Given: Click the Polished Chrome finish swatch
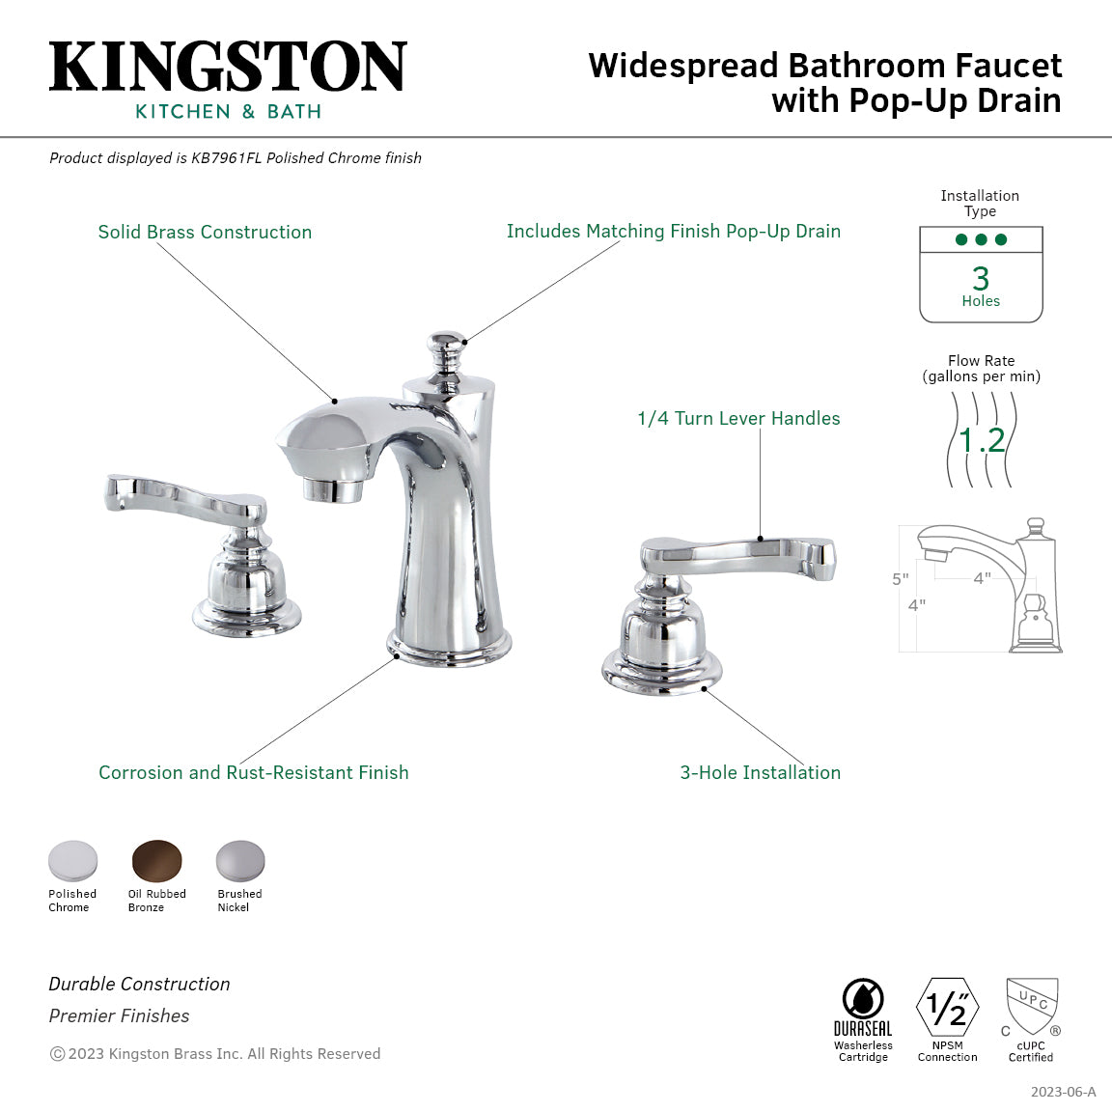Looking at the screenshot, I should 73,861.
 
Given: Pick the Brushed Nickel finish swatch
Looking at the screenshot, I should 240,861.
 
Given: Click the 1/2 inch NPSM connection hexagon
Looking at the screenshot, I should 947,1008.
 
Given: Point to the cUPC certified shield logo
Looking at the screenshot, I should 1032,1006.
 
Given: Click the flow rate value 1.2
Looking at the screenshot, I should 982,440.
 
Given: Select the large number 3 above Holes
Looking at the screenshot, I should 981,279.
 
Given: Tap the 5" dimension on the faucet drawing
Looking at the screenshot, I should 900,579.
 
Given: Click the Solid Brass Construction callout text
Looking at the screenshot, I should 205,233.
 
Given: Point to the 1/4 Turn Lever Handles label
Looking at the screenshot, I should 738,419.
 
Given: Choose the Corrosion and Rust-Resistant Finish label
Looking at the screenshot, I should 254,773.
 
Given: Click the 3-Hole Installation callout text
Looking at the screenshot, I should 760,773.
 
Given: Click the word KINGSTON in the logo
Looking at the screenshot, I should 228,68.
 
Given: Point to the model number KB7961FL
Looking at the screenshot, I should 226,158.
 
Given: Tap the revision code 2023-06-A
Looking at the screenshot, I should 1063,1092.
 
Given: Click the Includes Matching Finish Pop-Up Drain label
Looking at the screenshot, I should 673,232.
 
